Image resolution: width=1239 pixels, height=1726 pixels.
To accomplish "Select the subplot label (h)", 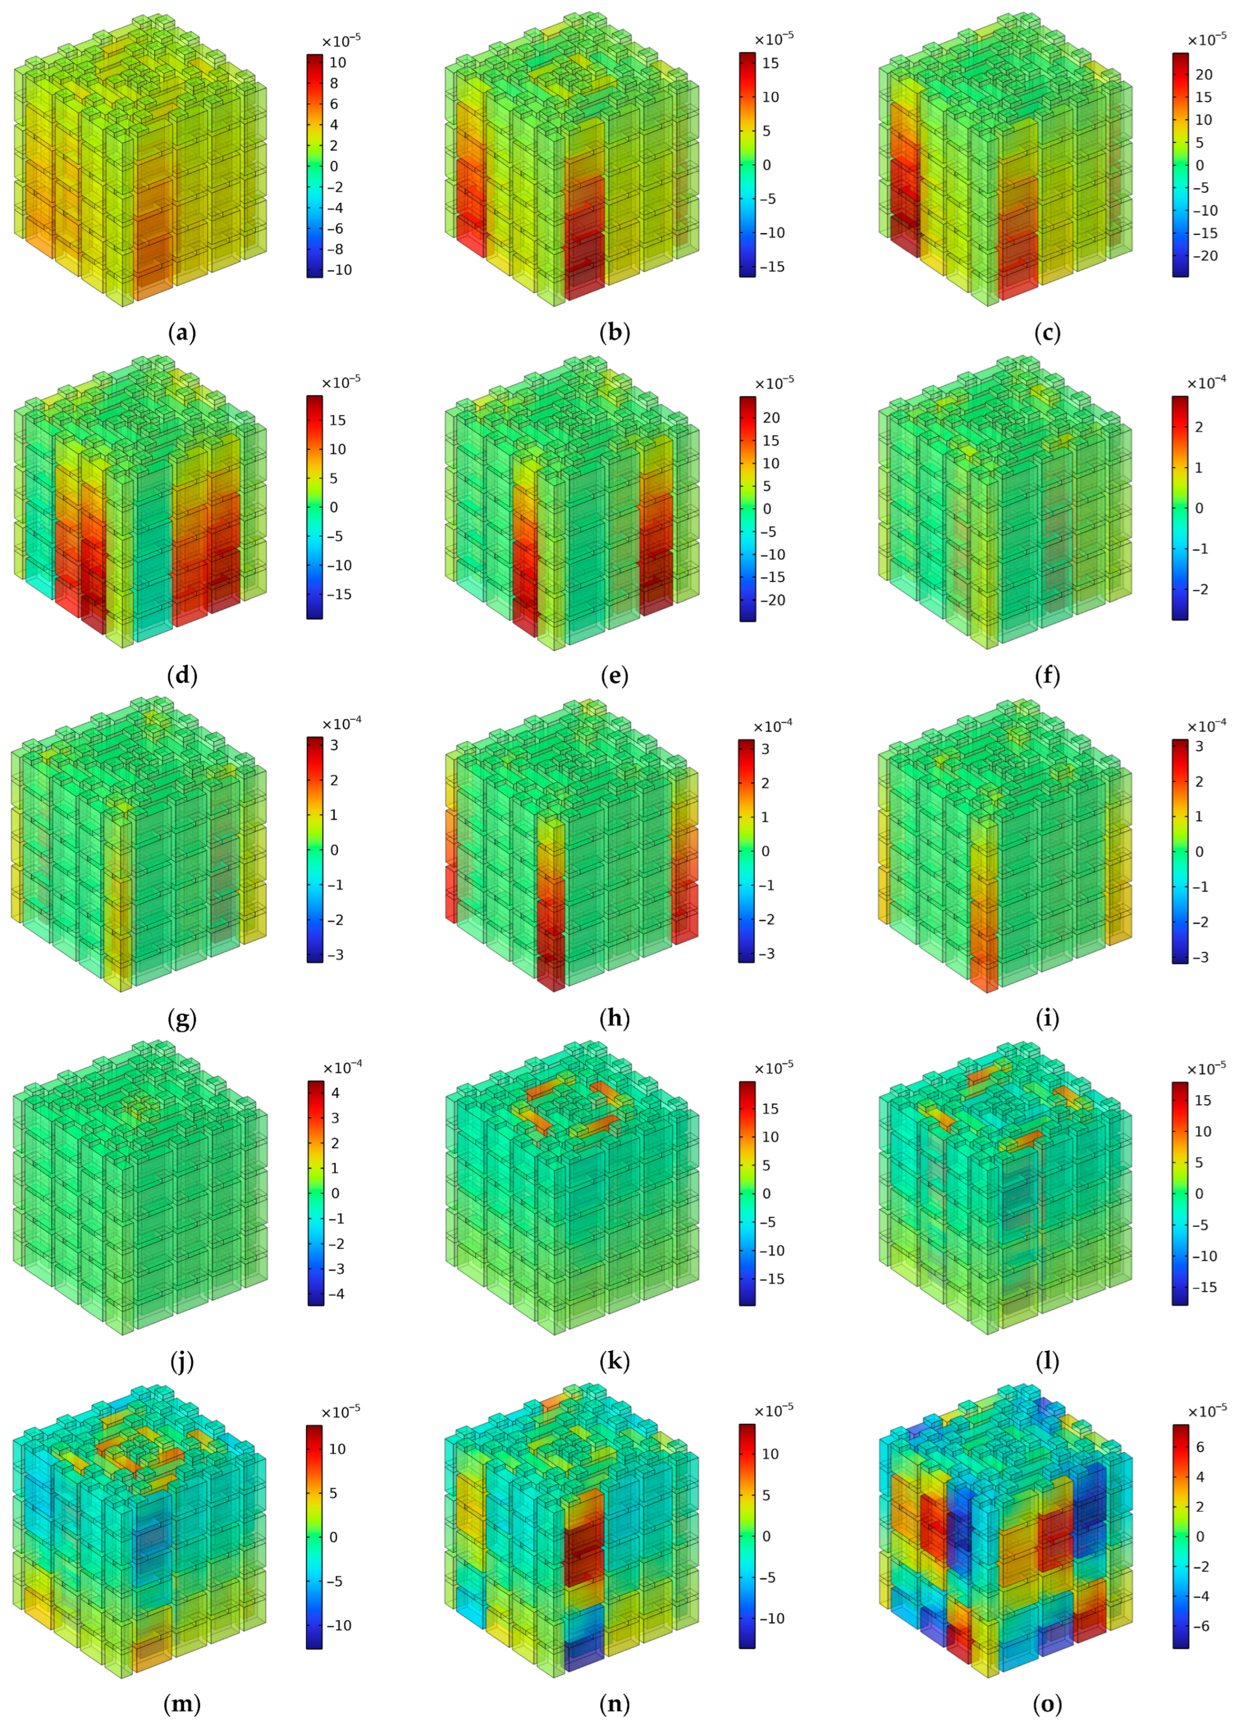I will [614, 1018].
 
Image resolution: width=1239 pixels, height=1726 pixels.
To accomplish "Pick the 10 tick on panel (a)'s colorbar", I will [337, 63].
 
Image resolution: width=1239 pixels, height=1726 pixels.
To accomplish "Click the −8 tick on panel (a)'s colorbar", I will [333, 249].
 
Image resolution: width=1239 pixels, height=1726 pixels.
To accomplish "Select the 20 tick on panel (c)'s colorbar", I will [1203, 74].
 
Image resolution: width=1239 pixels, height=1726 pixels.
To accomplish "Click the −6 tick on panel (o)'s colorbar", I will [1198, 1626].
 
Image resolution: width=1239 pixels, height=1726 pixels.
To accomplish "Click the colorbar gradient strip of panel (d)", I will [314, 507].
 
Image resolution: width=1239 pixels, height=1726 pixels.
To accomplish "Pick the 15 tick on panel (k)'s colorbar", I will [770, 1109].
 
